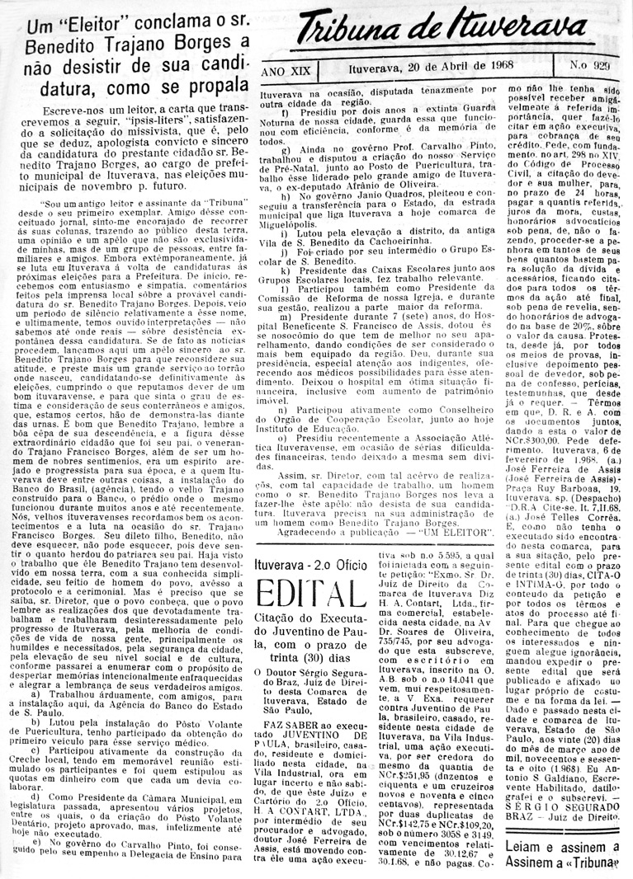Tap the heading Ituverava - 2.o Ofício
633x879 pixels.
coord(312,543)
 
